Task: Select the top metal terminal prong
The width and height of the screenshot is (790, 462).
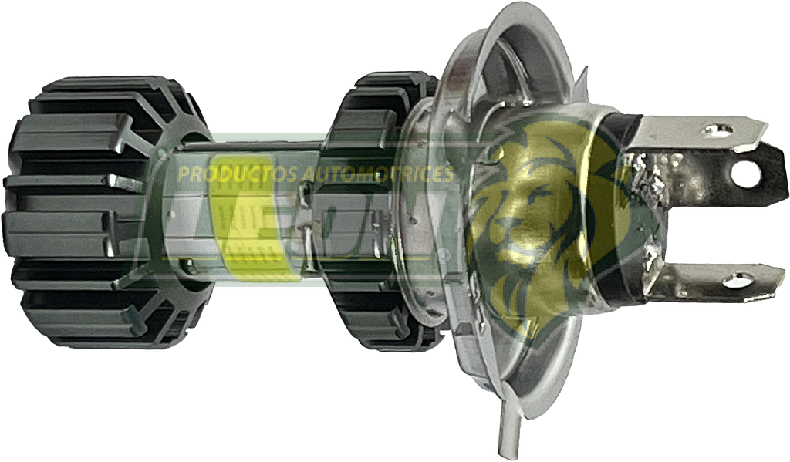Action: point(702,132)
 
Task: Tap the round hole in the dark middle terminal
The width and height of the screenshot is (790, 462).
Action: point(744,174)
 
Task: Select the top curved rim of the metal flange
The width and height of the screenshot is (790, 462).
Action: point(509,31)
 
